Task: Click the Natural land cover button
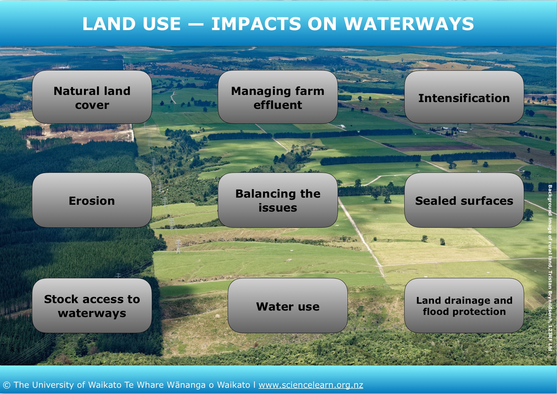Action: point(92,97)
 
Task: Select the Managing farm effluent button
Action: point(278,97)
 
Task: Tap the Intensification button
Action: point(464,97)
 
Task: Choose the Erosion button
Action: point(92,200)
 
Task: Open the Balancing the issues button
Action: point(278,200)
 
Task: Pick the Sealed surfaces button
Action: point(464,200)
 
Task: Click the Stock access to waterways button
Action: point(92,306)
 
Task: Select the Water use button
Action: point(288,306)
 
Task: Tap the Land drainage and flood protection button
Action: point(464,306)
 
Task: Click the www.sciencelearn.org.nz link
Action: point(311,385)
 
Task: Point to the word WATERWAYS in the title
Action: point(409,24)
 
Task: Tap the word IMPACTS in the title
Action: point(256,24)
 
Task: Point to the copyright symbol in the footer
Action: point(7,385)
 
